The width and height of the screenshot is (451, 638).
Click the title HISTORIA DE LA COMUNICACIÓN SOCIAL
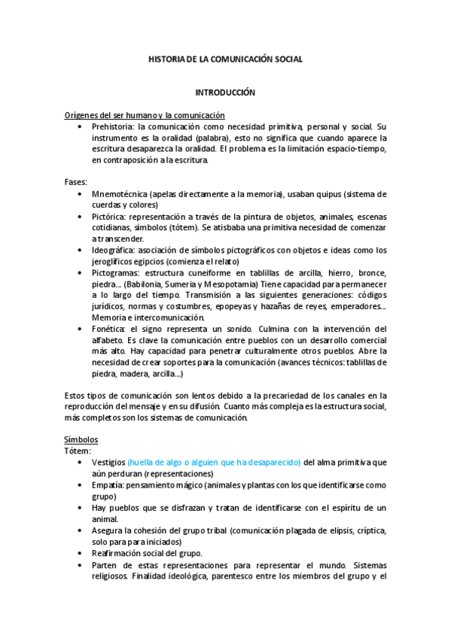tap(225, 59)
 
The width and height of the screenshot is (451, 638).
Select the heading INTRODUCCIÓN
tap(225, 93)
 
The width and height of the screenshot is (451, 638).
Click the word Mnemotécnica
tap(119, 194)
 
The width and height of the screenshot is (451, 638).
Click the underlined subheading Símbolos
tap(81, 439)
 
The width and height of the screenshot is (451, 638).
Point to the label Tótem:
tap(78, 451)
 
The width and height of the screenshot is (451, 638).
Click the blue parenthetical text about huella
tap(214, 462)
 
